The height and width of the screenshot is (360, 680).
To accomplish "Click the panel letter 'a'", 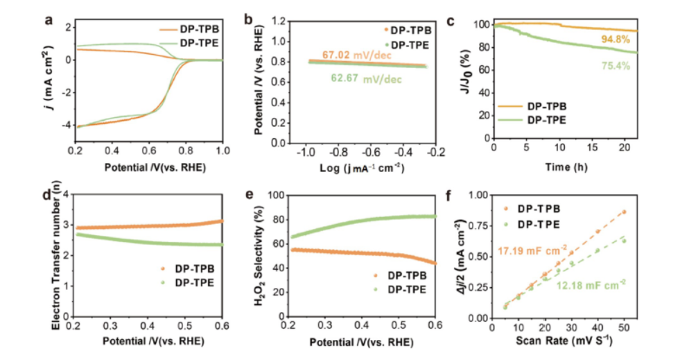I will [49, 19].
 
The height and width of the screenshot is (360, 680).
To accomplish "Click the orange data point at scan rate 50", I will [624, 212].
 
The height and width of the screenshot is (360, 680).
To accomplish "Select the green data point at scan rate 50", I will [624, 241].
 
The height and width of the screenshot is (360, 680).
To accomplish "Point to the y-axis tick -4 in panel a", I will [67, 126].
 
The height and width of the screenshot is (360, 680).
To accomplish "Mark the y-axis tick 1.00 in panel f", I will [478, 196].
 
